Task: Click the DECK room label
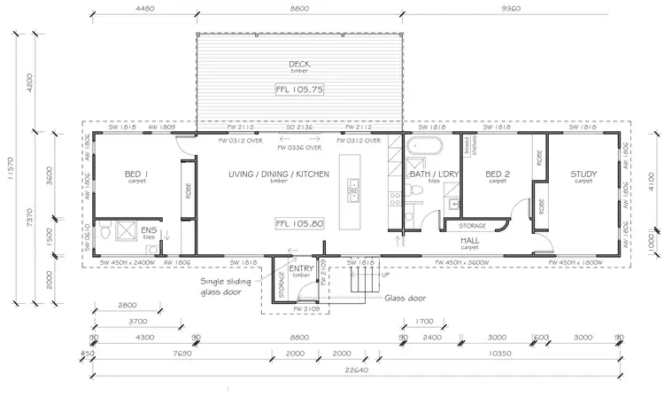click(x=298, y=64)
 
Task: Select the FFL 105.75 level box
click(x=298, y=89)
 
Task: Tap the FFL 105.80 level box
click(x=298, y=223)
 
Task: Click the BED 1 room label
click(x=136, y=174)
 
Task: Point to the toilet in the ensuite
click(x=104, y=232)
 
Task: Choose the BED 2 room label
click(x=498, y=174)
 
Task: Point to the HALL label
click(x=471, y=238)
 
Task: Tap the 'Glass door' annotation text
click(x=403, y=298)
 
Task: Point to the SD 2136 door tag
click(x=298, y=128)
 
